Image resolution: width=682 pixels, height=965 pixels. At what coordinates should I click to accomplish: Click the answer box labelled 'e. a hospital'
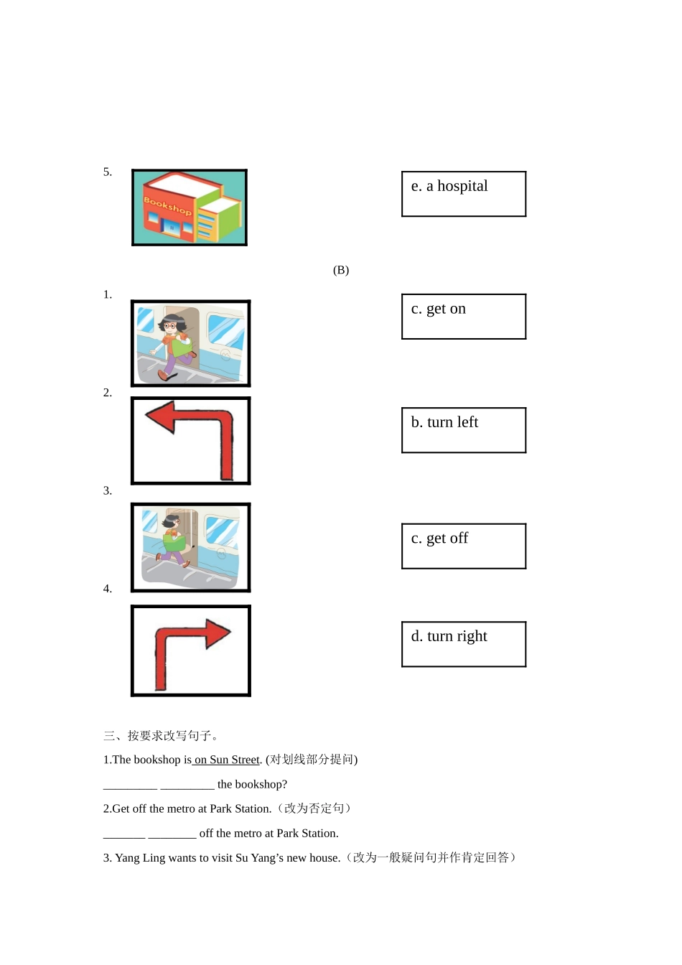[x=464, y=194]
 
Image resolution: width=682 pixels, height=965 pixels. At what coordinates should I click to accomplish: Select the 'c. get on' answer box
[x=464, y=317]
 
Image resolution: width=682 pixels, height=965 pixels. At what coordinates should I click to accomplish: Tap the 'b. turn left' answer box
[x=464, y=430]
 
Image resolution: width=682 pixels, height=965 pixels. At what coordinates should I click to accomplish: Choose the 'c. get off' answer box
[x=464, y=546]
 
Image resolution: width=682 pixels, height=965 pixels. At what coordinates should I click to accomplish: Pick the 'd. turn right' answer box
[x=464, y=644]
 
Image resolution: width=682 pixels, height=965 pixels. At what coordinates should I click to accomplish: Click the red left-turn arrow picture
[x=191, y=441]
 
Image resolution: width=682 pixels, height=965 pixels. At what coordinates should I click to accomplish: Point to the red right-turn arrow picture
[x=191, y=651]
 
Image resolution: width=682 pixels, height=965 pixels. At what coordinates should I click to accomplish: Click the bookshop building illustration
[x=190, y=208]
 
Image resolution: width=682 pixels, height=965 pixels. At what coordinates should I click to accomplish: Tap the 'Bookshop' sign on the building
[x=167, y=205]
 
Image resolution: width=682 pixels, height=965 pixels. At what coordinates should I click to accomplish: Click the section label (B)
[x=341, y=270]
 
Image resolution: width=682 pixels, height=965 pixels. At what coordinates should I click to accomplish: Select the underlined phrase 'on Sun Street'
[x=226, y=760]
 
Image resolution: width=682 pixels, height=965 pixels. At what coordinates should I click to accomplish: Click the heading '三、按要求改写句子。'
[x=162, y=735]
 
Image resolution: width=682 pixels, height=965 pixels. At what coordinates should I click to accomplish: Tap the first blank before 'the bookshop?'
[x=130, y=785]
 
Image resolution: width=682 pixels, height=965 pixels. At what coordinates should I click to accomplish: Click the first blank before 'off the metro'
[x=124, y=834]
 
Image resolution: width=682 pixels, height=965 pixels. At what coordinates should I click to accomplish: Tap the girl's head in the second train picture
[x=173, y=521]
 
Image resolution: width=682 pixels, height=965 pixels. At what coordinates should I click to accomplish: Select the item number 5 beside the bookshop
[x=108, y=172]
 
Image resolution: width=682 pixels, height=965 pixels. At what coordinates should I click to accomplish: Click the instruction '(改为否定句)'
[x=316, y=808]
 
